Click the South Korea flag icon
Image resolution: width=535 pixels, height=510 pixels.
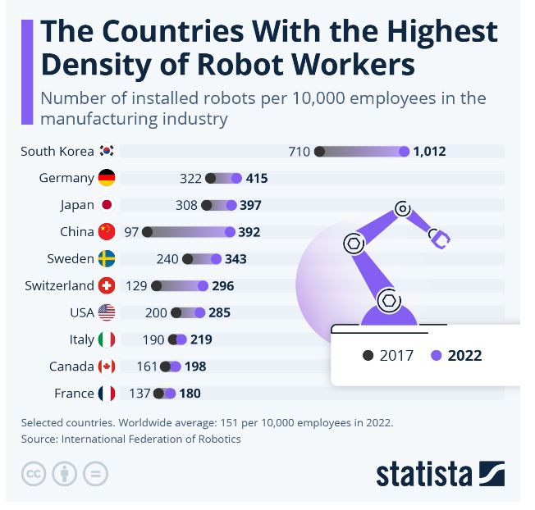(x=107, y=151)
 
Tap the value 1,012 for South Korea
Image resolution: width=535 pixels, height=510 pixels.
(x=429, y=151)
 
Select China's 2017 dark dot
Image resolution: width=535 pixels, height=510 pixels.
(x=148, y=232)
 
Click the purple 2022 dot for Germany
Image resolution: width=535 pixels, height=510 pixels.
(x=236, y=178)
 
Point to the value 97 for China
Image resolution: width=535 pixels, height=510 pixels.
(x=131, y=232)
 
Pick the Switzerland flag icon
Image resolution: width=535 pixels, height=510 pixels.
(x=107, y=286)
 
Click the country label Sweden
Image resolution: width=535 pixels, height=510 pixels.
(x=71, y=259)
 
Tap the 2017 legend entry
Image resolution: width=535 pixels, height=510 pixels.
(x=387, y=356)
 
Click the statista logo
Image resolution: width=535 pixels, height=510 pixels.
(x=440, y=474)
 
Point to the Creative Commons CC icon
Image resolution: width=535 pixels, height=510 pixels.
(x=34, y=474)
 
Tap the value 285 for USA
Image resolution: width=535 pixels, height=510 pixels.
(x=219, y=313)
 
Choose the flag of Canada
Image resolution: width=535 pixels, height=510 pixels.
(x=107, y=367)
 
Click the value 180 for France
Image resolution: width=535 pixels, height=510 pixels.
(x=190, y=394)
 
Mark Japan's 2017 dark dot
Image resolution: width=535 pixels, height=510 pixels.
(x=207, y=205)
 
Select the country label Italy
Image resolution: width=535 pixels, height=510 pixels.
(x=81, y=339)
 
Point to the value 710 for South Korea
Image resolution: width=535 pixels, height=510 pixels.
(x=300, y=151)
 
